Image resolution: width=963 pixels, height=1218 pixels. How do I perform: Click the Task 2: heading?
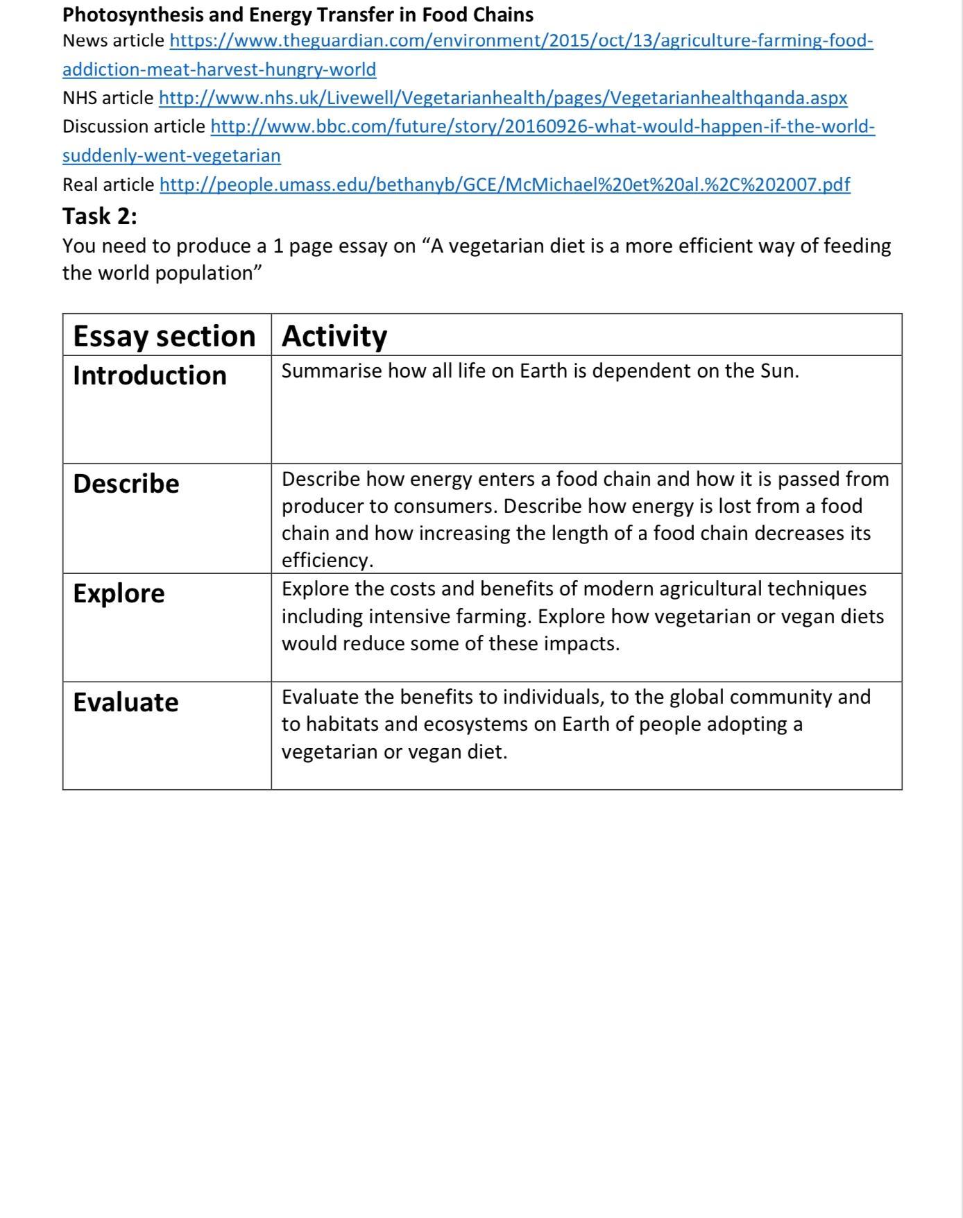tap(100, 217)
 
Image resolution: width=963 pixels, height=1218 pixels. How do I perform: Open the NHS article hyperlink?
tap(502, 98)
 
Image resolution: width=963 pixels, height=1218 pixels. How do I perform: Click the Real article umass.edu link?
tap(504, 185)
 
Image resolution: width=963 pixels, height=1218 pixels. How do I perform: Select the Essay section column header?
tap(164, 336)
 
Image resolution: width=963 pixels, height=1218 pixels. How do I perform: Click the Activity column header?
tap(334, 336)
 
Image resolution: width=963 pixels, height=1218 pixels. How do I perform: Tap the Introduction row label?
tap(150, 375)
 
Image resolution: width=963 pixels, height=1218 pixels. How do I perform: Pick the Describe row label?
tap(126, 484)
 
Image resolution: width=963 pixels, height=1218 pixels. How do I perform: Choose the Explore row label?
tap(119, 593)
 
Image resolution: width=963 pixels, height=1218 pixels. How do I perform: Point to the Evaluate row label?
tap(126, 702)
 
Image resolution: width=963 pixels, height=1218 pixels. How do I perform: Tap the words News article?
tap(113, 40)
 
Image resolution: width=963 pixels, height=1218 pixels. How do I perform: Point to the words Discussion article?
tap(133, 126)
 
